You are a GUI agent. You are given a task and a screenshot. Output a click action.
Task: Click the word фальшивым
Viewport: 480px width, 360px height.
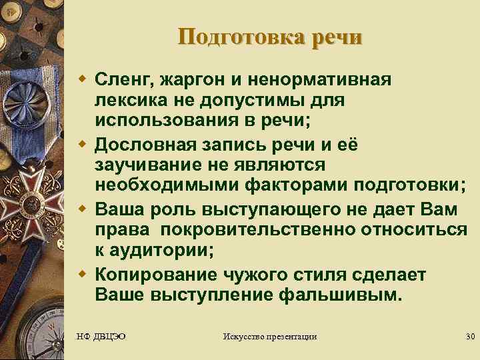pos(346,294)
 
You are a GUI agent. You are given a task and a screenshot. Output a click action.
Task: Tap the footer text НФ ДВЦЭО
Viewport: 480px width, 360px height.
pos(102,336)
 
